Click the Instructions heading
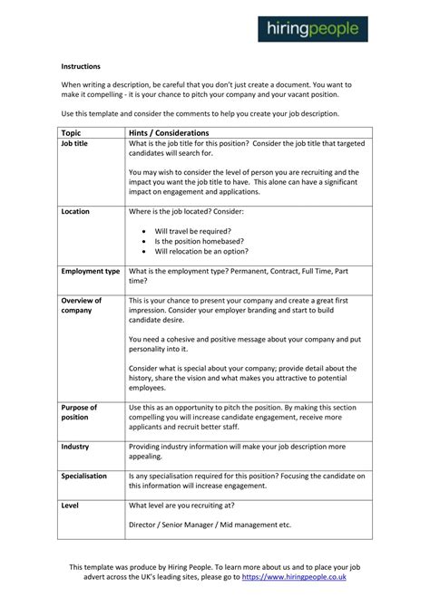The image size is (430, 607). [81, 67]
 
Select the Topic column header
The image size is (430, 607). [73, 132]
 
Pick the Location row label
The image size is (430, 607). [75, 211]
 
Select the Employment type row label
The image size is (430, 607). [91, 271]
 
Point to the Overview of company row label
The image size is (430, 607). [81, 305]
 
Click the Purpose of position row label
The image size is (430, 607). [79, 412]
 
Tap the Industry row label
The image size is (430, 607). [75, 447]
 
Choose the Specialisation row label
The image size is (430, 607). [84, 475]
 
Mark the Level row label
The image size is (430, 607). [70, 504]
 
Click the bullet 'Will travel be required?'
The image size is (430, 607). [193, 231]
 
